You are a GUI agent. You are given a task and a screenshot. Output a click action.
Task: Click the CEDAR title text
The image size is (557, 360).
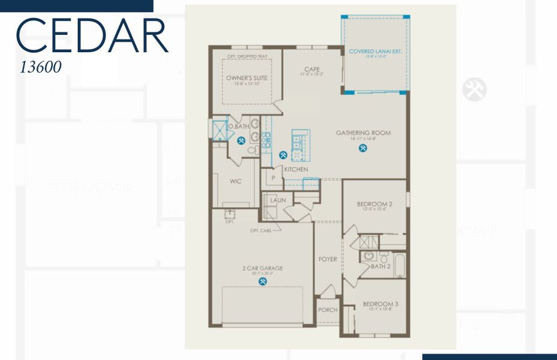tap(91, 36)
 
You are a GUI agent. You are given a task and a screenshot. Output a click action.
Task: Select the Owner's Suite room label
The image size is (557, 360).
tap(246, 78)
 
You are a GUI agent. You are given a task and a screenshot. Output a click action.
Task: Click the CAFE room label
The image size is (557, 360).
tap(312, 70)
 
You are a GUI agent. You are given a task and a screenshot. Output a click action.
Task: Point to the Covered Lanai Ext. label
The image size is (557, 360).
tap(375, 52)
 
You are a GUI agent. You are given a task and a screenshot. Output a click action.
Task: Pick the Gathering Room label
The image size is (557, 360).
tap(363, 133)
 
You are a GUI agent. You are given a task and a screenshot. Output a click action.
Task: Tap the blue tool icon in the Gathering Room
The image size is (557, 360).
tap(363, 148)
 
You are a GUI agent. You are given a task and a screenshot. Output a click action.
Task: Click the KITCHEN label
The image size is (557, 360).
tap(296, 170)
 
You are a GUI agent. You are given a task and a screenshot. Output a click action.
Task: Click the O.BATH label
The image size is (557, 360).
tap(241, 127)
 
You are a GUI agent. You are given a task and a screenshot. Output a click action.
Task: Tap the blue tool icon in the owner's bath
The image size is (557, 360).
tap(242, 141)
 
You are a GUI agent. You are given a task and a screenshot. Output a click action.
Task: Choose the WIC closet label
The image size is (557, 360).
tap(235, 181)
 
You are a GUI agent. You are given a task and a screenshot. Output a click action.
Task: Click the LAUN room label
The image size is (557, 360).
tap(277, 200)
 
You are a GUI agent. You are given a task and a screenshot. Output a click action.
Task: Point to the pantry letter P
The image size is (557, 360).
tap(273, 178)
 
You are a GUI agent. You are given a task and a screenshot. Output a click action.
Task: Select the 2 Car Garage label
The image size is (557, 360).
tap(263, 268)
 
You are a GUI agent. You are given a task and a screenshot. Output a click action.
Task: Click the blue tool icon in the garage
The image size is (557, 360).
tap(263, 280)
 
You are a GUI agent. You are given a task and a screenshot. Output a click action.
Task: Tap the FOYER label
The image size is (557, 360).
tap(327, 259)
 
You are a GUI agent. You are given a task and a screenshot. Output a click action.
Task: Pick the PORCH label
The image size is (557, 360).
tap(327, 310)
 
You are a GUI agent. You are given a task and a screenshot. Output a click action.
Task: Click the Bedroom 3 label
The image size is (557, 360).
tap(381, 304)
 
